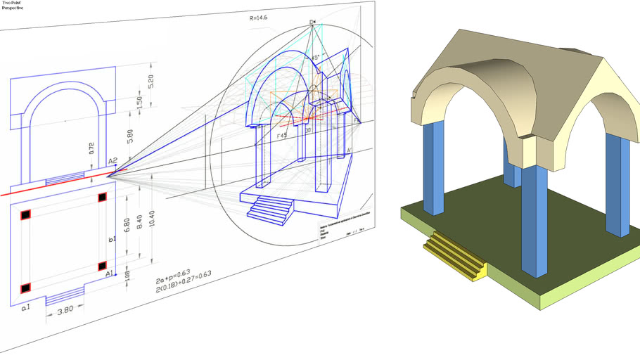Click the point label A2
[x=113, y=161]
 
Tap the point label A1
[x=110, y=274]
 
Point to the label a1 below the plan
[x=25, y=308]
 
